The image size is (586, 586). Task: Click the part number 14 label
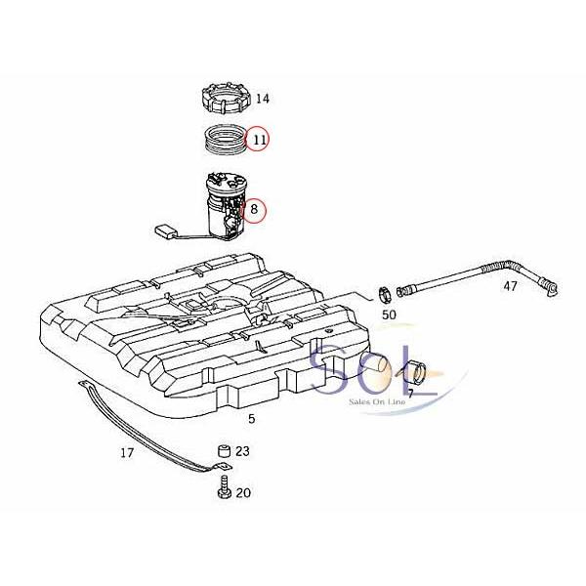point(263,99)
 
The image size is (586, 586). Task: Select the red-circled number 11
point(259,141)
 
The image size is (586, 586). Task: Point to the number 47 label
point(510,286)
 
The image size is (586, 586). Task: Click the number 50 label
point(389,314)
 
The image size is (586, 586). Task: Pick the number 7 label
point(411,393)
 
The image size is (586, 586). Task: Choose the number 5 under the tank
point(251,418)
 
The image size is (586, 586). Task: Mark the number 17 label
point(127,453)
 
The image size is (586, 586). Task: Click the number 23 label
point(242,451)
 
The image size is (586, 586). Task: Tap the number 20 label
point(243,493)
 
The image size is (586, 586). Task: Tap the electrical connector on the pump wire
point(166,231)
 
